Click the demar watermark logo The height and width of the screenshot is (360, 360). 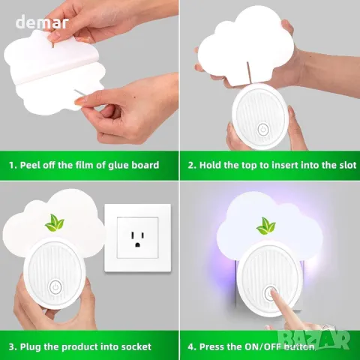point(42,22)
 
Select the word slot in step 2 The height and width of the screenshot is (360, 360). point(347,165)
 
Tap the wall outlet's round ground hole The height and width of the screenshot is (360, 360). point(137,244)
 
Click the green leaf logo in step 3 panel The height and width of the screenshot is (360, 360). point(55,223)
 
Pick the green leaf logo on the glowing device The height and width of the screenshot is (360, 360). point(266,226)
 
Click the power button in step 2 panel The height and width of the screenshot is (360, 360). point(262,130)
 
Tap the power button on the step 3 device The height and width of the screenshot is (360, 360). point(55,286)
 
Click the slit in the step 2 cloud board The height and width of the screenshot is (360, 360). point(248,73)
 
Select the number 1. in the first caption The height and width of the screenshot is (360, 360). point(13,165)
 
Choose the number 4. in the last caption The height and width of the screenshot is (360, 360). point(192,346)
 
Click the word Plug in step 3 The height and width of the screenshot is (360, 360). point(31,347)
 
